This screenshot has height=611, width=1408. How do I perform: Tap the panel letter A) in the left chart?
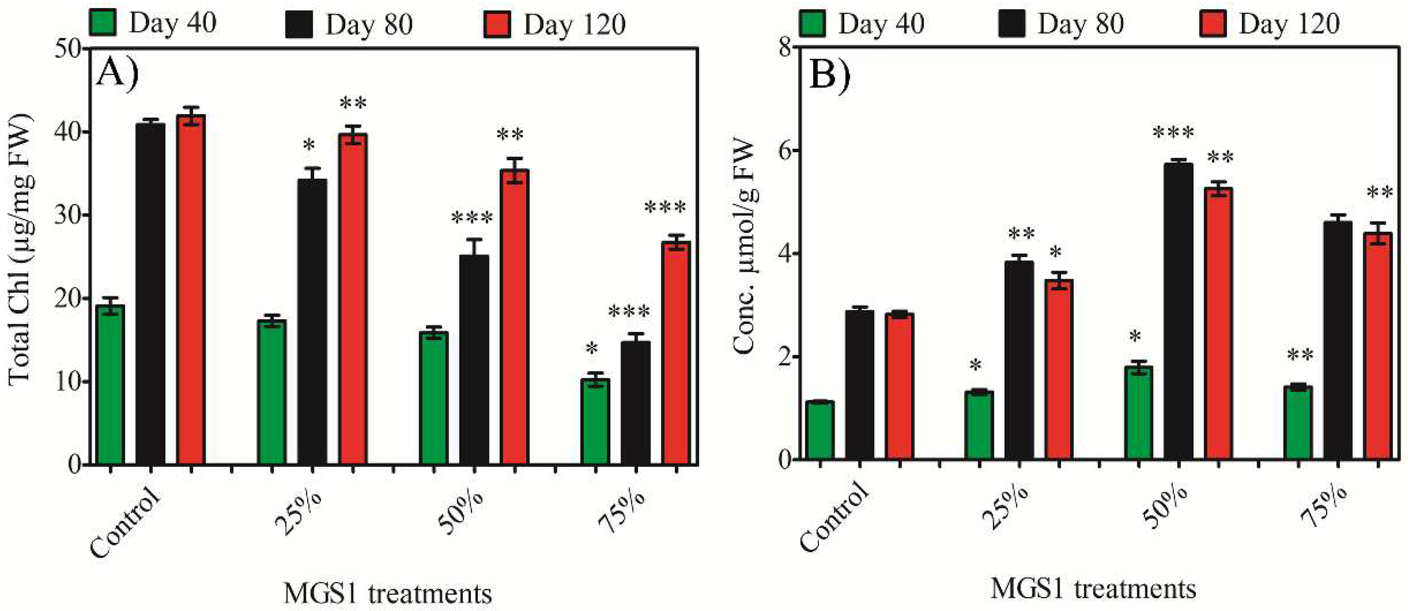[117, 73]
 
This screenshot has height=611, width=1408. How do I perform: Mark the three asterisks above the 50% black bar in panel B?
[1173, 133]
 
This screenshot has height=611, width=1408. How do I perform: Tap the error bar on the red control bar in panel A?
[190, 116]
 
